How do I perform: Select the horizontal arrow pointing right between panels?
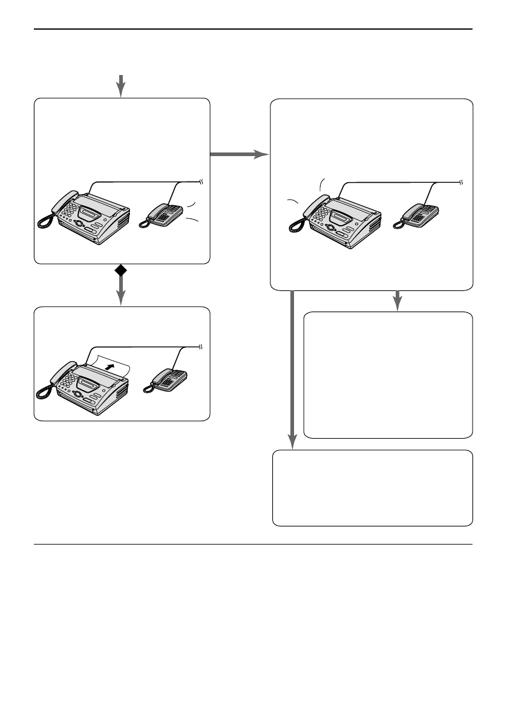239,155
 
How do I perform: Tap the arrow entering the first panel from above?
121,85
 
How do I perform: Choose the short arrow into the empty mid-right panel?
397,300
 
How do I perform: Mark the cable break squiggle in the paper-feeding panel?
201,347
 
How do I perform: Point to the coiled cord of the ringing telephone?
143,222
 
